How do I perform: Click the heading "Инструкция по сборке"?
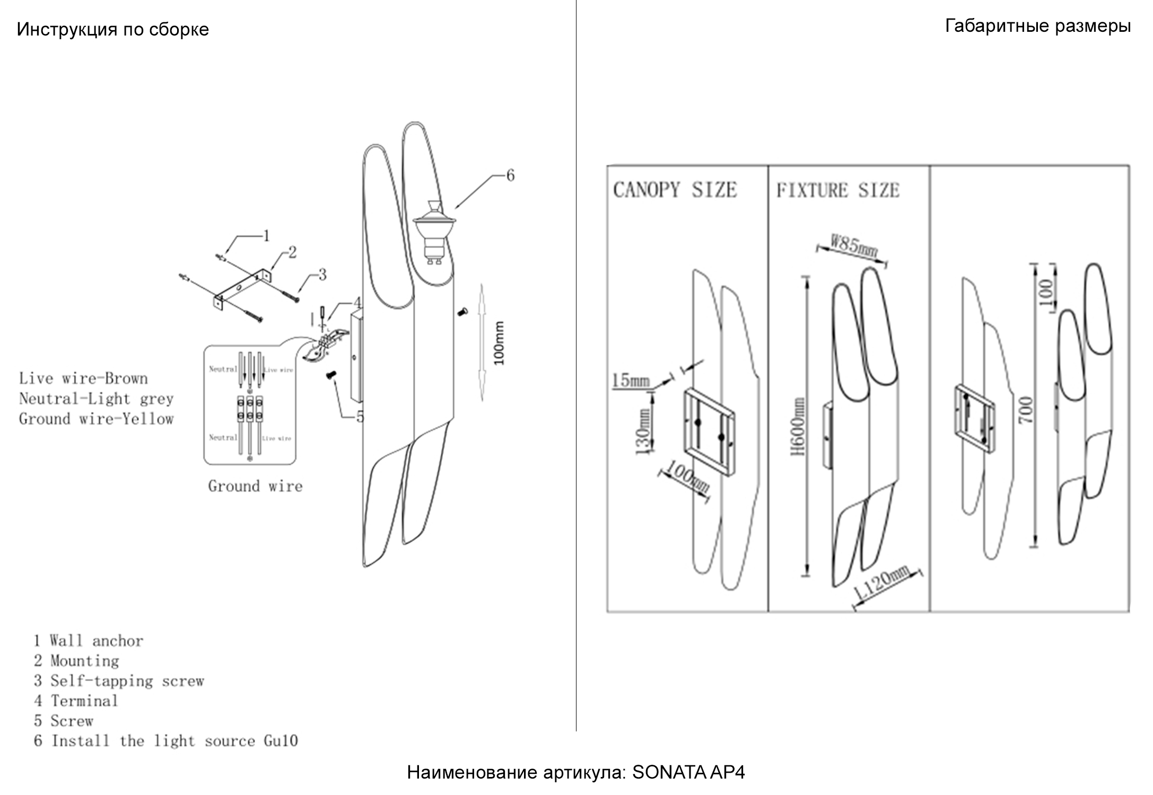pos(112,29)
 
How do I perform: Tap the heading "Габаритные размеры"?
pos(1037,26)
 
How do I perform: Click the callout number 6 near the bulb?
pos(510,175)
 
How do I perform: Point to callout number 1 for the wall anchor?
pos(266,235)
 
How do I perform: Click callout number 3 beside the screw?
pos(321,275)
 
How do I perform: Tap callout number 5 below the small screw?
pos(360,417)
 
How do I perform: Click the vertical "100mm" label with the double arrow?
pos(499,343)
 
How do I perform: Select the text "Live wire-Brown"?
pos(83,378)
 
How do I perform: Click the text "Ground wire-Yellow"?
pos(96,419)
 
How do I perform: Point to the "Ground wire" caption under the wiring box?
pos(255,486)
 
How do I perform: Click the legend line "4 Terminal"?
pos(76,701)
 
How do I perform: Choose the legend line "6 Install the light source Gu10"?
pos(165,741)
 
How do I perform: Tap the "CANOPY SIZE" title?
pos(675,190)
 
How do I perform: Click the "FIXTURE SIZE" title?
pos(838,190)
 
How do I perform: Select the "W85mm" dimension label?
pos(853,247)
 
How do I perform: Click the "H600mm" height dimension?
pos(798,427)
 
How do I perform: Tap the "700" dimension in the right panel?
pos(1026,410)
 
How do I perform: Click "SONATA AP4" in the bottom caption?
pos(688,773)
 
